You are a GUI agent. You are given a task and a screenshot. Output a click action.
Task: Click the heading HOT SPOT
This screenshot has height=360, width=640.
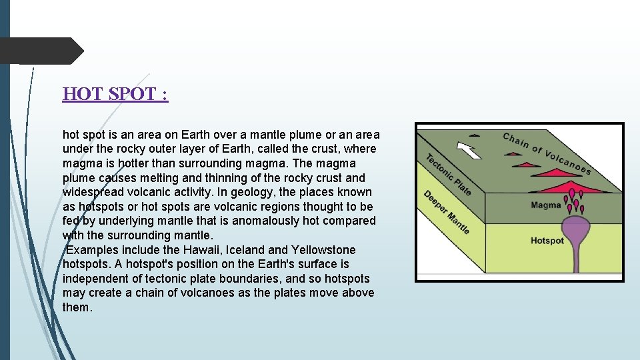[x=115, y=94]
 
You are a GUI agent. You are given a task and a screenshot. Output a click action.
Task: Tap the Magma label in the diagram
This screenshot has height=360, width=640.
[x=545, y=205]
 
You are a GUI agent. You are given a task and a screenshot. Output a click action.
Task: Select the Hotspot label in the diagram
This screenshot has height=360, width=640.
[x=547, y=241]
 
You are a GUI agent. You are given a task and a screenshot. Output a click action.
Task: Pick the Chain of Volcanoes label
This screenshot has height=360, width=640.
[x=547, y=152]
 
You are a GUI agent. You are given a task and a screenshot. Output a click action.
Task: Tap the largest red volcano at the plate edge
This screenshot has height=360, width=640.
[x=563, y=187]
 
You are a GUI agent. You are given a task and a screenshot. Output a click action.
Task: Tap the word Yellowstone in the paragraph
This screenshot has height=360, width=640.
[x=323, y=250]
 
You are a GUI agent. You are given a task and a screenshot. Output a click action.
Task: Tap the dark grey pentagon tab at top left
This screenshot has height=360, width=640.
[x=40, y=51]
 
